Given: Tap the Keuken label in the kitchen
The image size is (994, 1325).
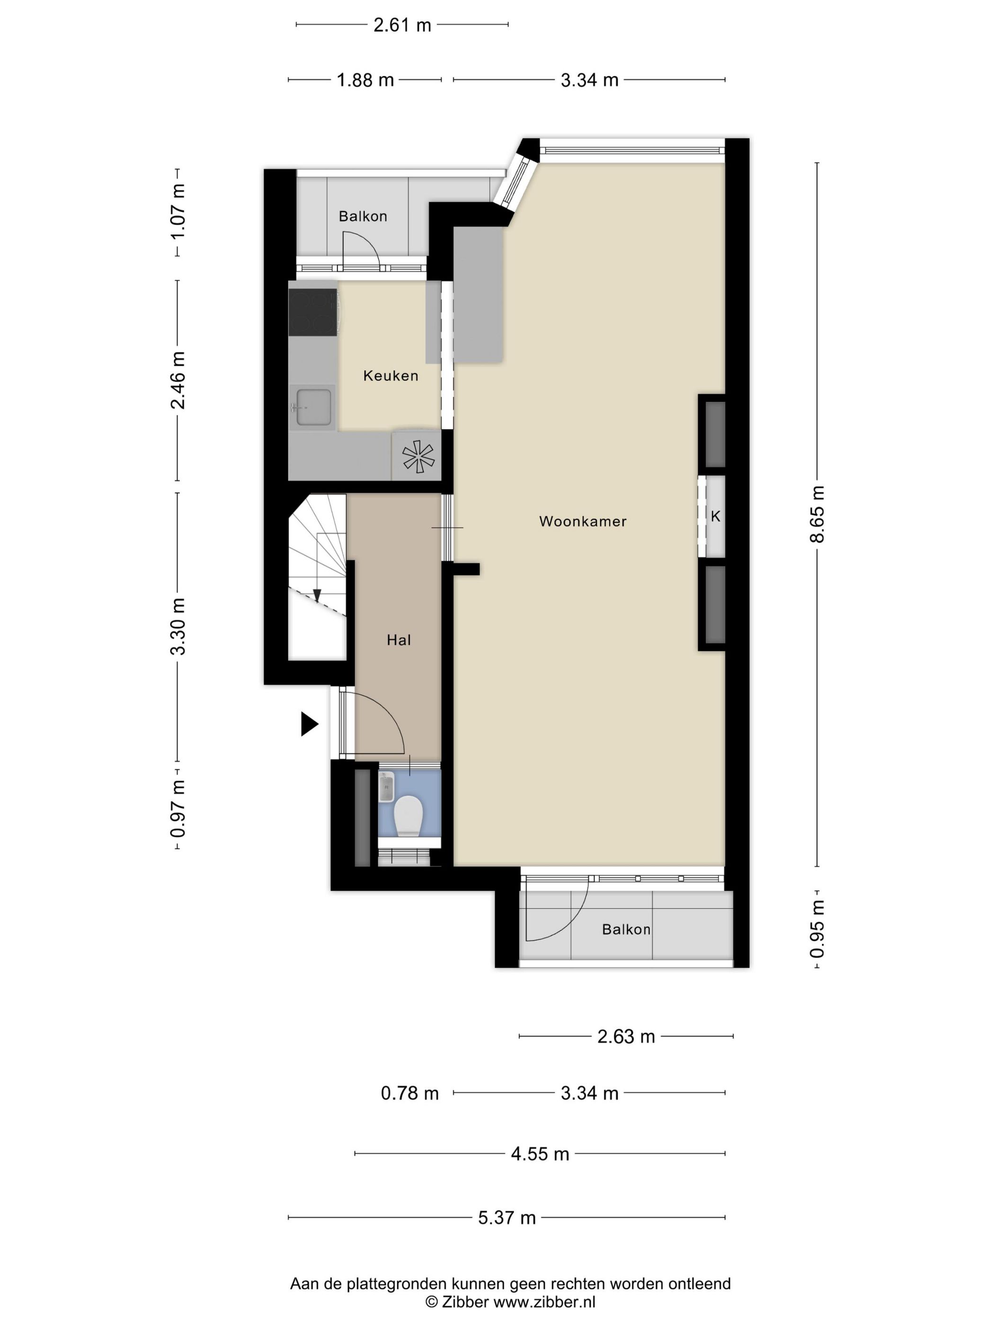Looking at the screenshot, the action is click(390, 376).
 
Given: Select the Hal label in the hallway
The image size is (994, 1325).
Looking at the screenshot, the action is click(399, 640).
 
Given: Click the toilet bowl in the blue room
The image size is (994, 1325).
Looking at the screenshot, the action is click(409, 815).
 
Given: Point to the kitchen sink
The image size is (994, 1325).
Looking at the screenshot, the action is click(312, 407).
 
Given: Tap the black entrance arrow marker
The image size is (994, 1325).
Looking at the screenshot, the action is click(309, 724).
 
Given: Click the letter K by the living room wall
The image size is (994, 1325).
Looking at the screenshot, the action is click(715, 516).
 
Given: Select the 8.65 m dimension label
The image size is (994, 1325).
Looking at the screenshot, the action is click(817, 514).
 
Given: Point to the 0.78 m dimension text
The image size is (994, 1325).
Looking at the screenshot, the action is click(410, 1093).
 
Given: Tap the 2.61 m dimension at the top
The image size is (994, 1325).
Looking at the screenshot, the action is click(402, 25).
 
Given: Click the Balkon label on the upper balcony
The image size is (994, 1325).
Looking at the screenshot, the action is click(363, 216).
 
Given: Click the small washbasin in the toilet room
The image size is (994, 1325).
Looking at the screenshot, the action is click(386, 786).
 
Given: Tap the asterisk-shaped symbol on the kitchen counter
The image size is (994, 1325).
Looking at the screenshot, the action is click(419, 455).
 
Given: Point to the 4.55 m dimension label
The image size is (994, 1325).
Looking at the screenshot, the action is click(540, 1154).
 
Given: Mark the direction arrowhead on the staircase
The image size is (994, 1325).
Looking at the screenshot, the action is click(317, 595).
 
